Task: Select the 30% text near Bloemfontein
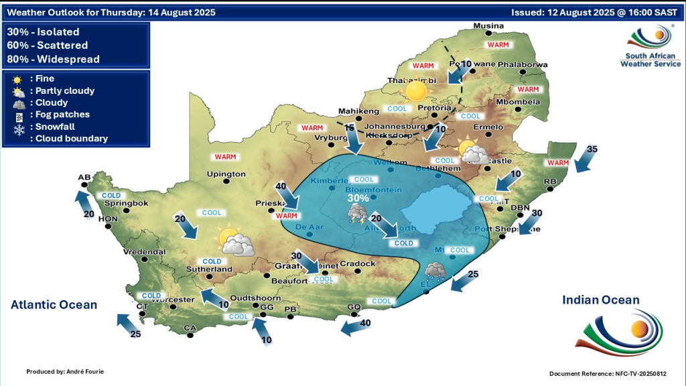[358, 198]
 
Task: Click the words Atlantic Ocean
[54, 305]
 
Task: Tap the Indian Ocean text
[601, 300]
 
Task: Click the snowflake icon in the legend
[19, 127]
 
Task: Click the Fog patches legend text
[62, 115]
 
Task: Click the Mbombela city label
[517, 102]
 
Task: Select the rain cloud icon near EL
[435, 270]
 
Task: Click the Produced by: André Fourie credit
[66, 371]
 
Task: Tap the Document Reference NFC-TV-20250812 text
[608, 373]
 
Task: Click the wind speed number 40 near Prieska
[281, 186]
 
